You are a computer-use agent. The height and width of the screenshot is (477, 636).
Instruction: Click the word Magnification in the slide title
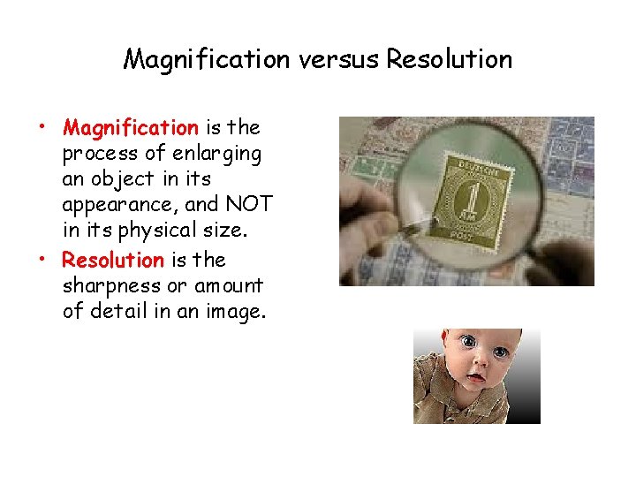(206, 60)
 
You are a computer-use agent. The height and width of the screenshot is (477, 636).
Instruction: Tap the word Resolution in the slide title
(450, 60)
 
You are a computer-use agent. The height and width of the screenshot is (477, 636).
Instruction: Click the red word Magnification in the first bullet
(131, 128)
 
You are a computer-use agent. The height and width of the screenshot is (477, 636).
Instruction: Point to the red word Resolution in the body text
(113, 261)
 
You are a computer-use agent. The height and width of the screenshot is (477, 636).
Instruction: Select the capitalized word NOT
(248, 205)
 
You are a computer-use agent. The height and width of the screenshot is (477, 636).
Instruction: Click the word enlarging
(216, 155)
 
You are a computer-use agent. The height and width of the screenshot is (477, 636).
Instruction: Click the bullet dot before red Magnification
(42, 123)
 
